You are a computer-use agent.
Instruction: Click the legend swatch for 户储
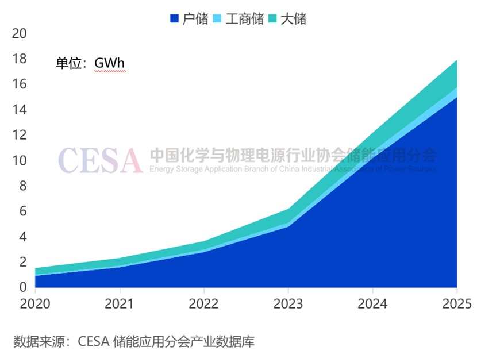click(175, 19)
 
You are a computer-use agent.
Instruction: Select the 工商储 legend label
click(244, 19)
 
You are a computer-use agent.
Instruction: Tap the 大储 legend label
click(293, 19)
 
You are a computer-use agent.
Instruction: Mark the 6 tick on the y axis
click(23, 211)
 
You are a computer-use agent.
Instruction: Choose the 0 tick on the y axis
click(23, 287)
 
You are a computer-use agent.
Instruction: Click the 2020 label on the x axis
click(36, 303)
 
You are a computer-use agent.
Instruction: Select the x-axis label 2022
click(204, 303)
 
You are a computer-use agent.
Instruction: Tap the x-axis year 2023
click(288, 303)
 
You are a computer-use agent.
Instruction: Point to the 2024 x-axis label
click(372, 303)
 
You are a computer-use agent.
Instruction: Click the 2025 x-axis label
click(456, 303)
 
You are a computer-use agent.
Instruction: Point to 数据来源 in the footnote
click(36, 341)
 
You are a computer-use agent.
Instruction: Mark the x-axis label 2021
click(120, 303)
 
